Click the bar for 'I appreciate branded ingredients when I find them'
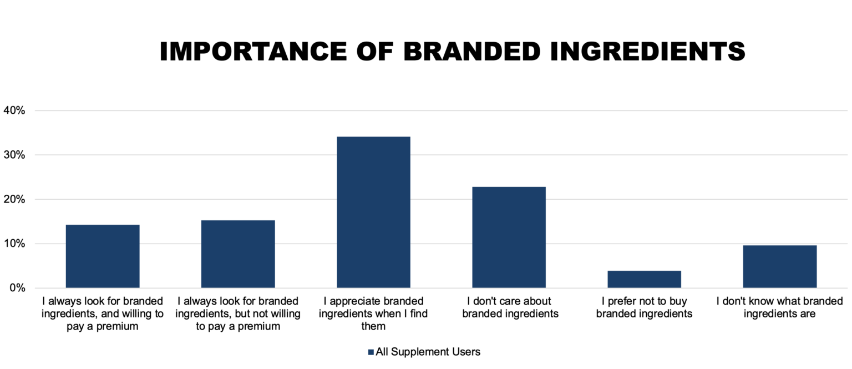pos(373,212)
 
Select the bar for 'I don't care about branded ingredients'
pos(509,237)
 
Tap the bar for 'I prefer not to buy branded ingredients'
pos(644,279)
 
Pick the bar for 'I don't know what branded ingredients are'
pos(779,266)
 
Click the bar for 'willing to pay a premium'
pos(103,256)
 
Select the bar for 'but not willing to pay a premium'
pos(238,254)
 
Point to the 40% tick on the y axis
pos(14,110)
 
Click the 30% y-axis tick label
pos(14,155)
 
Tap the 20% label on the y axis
pos(14,199)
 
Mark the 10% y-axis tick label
pos(14,244)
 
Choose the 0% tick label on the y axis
pos(17,288)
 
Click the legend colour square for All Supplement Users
pos(371,352)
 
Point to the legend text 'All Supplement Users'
pos(428,351)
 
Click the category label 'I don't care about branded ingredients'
pos(509,307)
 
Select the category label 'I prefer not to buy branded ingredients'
pos(644,307)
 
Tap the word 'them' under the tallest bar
pos(373,326)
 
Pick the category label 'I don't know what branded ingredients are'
pos(779,307)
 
